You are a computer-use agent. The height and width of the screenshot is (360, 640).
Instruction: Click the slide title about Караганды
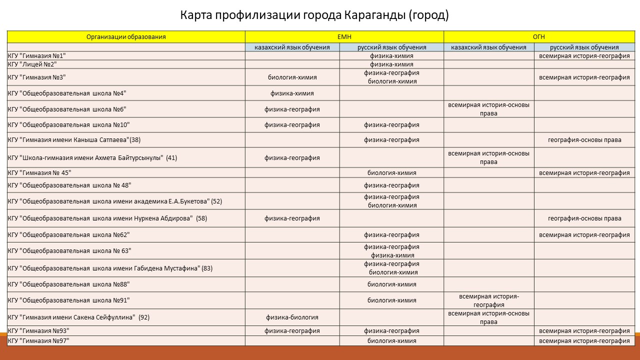click(314, 15)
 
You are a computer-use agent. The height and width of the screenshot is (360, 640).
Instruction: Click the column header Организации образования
click(126, 37)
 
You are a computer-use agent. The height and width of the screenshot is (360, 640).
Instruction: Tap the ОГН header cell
click(538, 37)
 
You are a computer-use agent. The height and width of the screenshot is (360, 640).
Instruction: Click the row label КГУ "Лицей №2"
click(32, 64)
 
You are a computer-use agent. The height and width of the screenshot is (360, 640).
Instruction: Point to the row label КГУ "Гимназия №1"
click(37, 56)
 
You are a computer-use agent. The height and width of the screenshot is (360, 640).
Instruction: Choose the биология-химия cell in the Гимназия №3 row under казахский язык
click(292, 77)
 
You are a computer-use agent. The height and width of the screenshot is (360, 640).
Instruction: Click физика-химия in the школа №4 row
click(292, 93)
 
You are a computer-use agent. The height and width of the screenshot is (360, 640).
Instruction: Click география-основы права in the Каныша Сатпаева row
click(584, 140)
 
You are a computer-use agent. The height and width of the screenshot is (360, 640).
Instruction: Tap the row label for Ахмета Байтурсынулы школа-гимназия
click(92, 158)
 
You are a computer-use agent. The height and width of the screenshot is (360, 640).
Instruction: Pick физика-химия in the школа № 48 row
click(391, 185)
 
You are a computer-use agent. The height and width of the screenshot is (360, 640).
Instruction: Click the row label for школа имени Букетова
click(115, 201)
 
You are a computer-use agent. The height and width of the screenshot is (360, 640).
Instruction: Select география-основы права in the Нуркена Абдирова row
click(584, 218)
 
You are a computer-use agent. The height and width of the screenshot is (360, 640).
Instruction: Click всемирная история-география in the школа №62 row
click(584, 235)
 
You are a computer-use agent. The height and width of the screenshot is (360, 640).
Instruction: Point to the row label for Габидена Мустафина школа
click(110, 268)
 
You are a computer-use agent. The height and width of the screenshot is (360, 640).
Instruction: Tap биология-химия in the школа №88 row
click(391, 284)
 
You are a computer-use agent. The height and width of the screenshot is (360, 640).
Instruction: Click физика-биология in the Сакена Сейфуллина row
click(292, 317)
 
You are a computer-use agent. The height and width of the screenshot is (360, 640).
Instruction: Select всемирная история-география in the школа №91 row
click(489, 300)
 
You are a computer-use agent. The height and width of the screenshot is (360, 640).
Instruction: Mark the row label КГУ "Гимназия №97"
click(38, 340)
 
